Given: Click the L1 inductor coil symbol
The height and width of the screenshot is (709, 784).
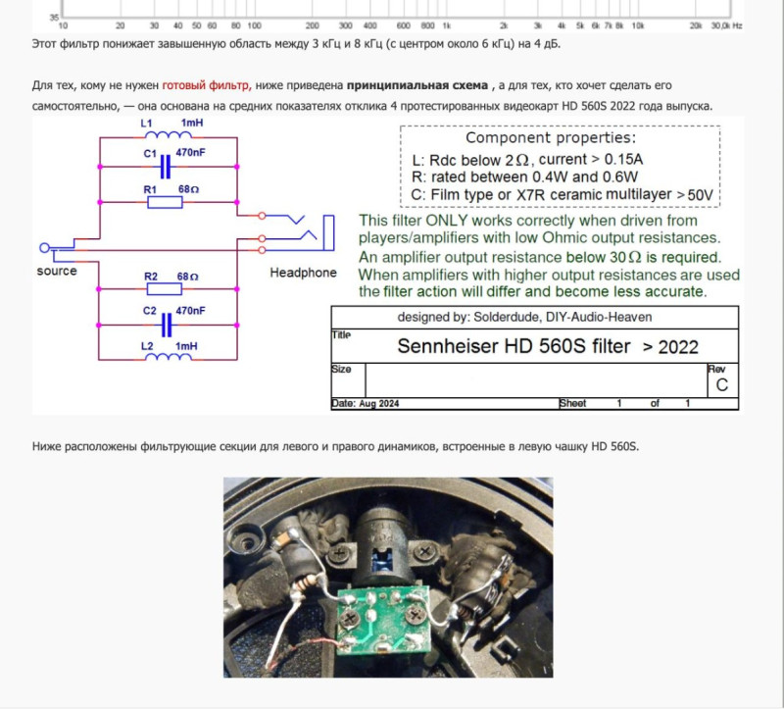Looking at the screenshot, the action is [x=168, y=135].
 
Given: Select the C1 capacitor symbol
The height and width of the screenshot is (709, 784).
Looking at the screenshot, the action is [x=166, y=167].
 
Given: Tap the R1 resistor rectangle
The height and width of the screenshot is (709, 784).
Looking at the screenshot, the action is [x=165, y=202].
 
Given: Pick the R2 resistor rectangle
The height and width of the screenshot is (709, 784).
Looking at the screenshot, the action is [x=165, y=288].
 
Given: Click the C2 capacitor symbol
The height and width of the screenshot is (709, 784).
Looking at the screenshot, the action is [x=167, y=326].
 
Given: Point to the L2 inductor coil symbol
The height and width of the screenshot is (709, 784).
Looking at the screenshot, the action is [x=168, y=357].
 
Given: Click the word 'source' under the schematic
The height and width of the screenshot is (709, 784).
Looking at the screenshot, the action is [x=57, y=272].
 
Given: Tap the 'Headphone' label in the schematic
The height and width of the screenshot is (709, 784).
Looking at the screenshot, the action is [x=303, y=273].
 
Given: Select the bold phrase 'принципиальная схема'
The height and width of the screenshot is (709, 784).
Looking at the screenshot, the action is [x=417, y=85].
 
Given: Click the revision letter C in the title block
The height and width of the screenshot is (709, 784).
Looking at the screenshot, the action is [x=721, y=384].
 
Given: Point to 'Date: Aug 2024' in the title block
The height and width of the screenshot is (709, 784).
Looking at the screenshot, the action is [x=366, y=403].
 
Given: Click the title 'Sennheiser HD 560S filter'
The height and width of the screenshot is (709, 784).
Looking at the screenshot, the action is [x=514, y=346].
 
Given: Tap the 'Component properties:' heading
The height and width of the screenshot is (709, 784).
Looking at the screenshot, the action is [x=551, y=137].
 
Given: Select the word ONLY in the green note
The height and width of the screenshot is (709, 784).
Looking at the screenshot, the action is [x=446, y=221].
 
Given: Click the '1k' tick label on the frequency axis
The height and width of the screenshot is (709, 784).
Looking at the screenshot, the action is [x=446, y=25].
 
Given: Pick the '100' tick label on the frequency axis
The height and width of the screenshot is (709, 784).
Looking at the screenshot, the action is [x=254, y=25].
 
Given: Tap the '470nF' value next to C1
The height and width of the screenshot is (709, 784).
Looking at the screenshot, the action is [x=190, y=152].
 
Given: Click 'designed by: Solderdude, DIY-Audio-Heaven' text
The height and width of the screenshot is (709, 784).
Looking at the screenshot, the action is [x=524, y=317].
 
